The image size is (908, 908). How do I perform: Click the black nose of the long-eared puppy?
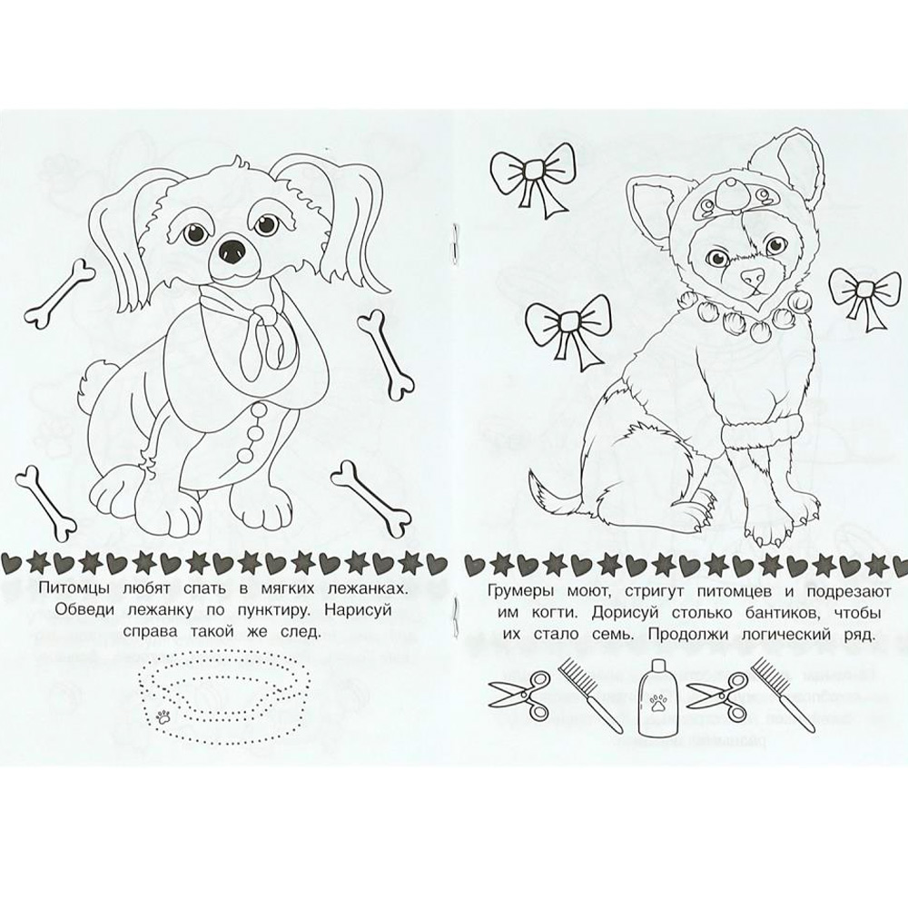[232, 252]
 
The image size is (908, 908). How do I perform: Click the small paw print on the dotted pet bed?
[163, 718]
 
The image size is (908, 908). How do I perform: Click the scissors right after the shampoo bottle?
[716, 695]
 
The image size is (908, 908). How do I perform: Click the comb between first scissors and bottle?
[582, 696]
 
